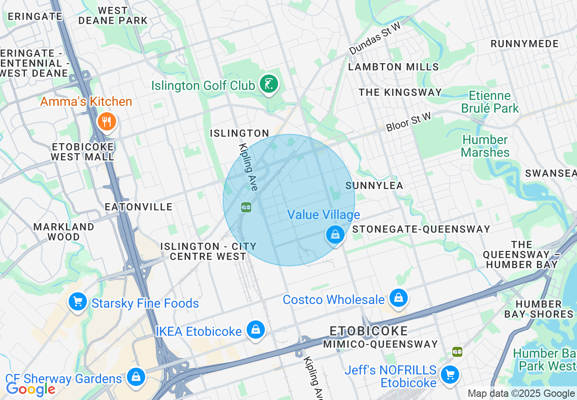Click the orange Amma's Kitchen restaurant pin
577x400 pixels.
pyautogui.click(x=107, y=121)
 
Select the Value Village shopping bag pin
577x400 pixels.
pyautogui.click(x=335, y=235)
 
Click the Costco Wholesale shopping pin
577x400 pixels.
pyautogui.click(x=399, y=298)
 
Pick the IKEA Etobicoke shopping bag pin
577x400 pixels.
pyautogui.click(x=256, y=330)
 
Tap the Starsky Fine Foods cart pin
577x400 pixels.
pyautogui.click(x=77, y=301)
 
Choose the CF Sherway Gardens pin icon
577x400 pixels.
pyautogui.click(x=136, y=377)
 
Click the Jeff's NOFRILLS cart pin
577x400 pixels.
pyautogui.click(x=450, y=375)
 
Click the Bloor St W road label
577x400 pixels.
pyautogui.click(x=409, y=122)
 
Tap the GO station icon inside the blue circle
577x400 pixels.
pyautogui.click(x=246, y=207)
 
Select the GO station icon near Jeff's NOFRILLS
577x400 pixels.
pyautogui.click(x=457, y=351)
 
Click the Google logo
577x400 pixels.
pyautogui.click(x=30, y=389)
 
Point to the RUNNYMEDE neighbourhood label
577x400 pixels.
pyautogui.click(x=524, y=44)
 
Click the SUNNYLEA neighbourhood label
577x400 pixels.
pyautogui.click(x=374, y=185)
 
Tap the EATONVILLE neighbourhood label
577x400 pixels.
pyautogui.click(x=139, y=207)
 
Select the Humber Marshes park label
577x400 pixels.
pyautogui.click(x=485, y=146)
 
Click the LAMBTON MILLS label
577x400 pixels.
pyautogui.click(x=393, y=67)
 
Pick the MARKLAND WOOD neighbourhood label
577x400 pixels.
pyautogui.click(x=64, y=231)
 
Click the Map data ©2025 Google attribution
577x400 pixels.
pyautogui.click(x=521, y=394)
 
